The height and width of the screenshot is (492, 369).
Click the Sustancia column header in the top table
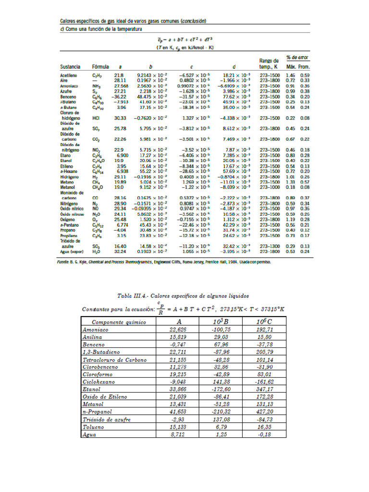point(70,66)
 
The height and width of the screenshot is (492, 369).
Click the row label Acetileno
point(68,76)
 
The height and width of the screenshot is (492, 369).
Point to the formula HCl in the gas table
point(96,118)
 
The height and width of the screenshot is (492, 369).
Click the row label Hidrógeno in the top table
point(69,177)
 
